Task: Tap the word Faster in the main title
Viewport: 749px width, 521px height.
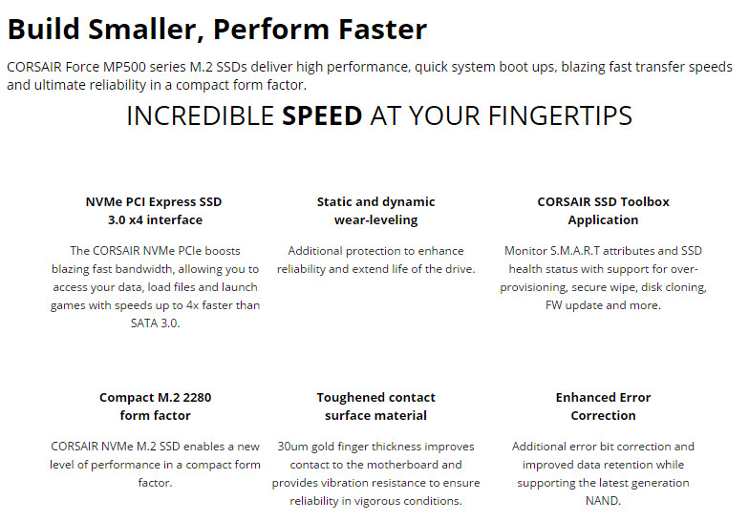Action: [382, 29]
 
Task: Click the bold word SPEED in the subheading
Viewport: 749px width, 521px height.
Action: [322, 116]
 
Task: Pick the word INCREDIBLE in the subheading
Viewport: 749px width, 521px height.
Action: [201, 116]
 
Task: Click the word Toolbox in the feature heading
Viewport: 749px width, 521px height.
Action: [645, 202]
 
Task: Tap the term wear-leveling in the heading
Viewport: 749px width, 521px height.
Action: [376, 219]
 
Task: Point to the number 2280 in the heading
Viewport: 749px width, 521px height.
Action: [197, 397]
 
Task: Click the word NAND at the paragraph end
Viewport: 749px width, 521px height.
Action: [603, 501]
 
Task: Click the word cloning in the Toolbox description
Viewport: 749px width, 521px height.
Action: [684, 288]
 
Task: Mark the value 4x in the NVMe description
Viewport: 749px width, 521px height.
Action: [192, 305]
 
